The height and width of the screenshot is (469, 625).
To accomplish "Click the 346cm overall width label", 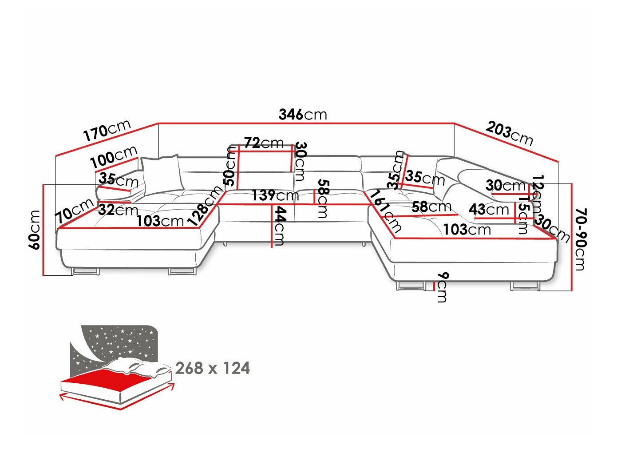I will click(x=303, y=115).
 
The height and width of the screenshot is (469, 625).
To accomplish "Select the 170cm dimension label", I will click(x=107, y=130).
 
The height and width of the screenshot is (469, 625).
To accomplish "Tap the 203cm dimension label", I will click(x=509, y=133).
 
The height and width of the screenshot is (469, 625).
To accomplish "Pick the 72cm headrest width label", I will click(x=264, y=143).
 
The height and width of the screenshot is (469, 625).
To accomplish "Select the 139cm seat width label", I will click(x=275, y=195).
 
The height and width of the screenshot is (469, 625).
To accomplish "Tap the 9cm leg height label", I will click(x=441, y=287).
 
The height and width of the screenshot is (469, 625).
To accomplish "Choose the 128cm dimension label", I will click(x=205, y=206).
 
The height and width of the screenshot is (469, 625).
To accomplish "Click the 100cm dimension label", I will click(x=114, y=158).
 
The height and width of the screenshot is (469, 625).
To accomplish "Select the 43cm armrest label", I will click(x=489, y=209).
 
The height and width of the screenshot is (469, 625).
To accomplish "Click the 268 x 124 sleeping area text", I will click(x=213, y=368).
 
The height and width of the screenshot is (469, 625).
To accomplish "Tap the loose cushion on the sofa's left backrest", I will click(x=162, y=173).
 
